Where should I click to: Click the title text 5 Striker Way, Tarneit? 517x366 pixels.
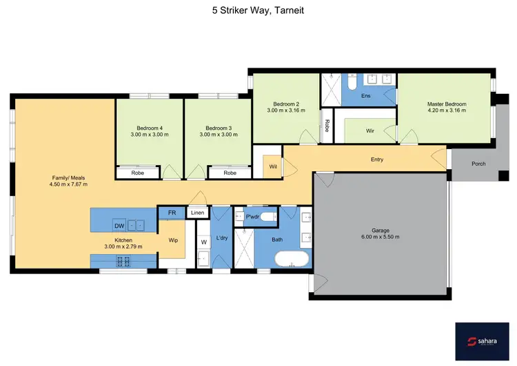coord(258,11)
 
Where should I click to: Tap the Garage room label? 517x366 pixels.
coord(381,233)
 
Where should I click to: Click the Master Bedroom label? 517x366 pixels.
coord(447,104)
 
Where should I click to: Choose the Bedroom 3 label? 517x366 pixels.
coord(219,128)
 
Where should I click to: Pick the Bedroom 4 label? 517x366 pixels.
coord(150,128)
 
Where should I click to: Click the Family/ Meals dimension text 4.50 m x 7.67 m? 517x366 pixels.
coord(68,184)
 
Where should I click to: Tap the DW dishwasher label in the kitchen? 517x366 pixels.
coord(119,225)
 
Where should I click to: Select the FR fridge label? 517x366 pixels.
coord(171,213)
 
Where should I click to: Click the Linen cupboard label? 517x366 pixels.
coord(198,213)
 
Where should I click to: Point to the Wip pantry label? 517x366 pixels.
coord(174,241)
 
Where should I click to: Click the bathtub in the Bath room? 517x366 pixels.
coord(292,261)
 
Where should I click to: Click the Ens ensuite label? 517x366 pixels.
coord(366,96)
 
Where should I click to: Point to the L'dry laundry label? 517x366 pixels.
coord(222,238)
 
